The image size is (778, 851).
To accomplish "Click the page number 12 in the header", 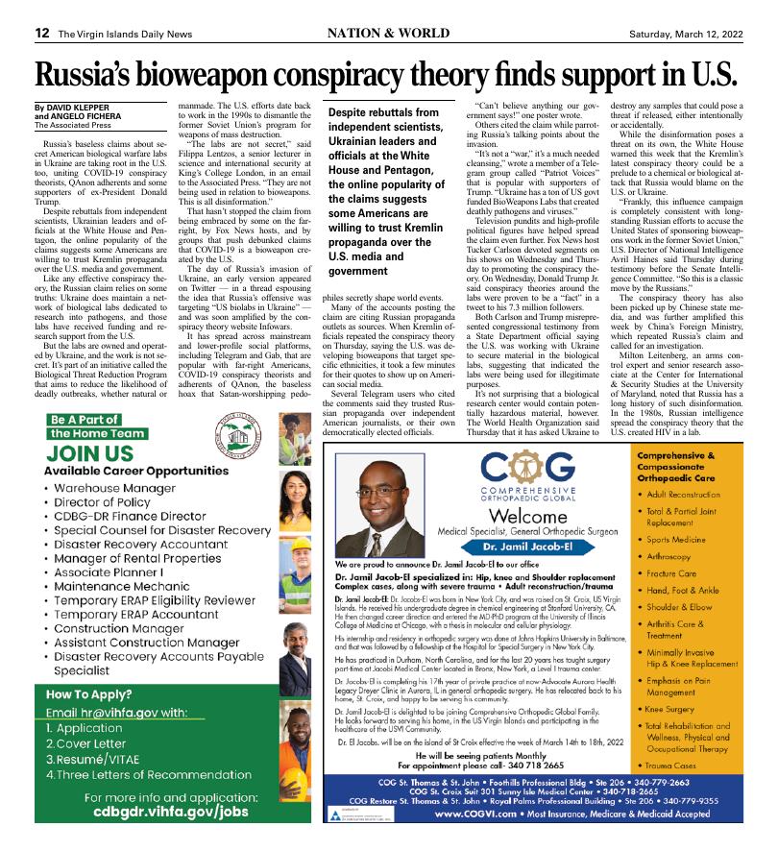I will click(x=42, y=32).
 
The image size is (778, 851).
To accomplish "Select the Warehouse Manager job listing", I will click(x=122, y=488).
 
